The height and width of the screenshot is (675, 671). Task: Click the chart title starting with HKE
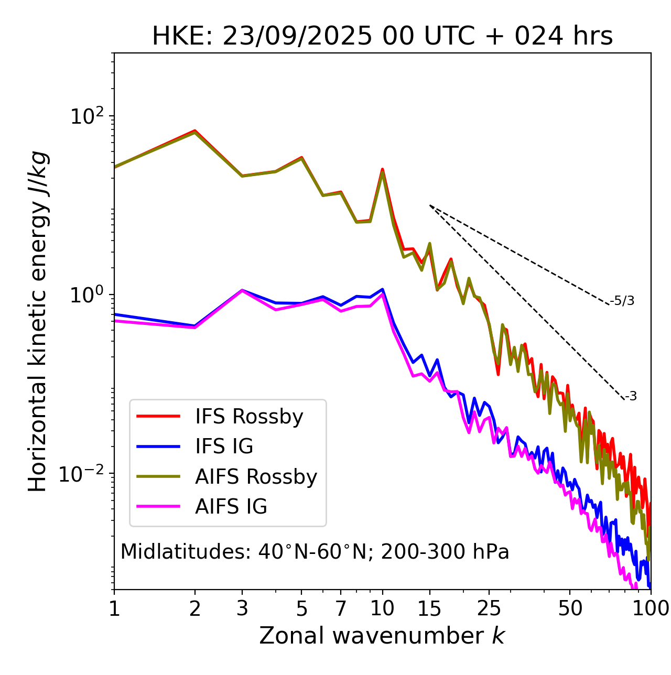click(382, 36)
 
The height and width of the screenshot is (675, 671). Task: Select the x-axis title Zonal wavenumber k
click(382, 635)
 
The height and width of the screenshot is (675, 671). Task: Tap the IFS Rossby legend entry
click(249, 417)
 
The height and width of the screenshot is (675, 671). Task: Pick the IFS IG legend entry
click(224, 447)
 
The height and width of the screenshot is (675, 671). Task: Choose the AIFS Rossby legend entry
click(256, 477)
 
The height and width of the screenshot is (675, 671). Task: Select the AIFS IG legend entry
click(231, 507)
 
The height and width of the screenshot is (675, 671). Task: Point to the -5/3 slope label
click(622, 301)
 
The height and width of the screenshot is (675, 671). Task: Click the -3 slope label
click(631, 397)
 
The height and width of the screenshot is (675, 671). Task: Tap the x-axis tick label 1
click(114, 608)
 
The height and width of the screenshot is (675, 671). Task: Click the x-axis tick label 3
click(242, 608)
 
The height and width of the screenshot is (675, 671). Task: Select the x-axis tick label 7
click(341, 608)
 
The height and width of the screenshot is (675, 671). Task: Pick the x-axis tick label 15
click(430, 608)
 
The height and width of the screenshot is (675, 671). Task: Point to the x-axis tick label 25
click(489, 608)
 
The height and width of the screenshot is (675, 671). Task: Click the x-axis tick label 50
click(570, 608)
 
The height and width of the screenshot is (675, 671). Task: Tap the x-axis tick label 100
click(650, 608)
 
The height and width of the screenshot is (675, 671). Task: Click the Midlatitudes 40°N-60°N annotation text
click(315, 552)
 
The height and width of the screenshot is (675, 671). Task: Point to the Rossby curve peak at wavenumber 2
click(195, 130)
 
